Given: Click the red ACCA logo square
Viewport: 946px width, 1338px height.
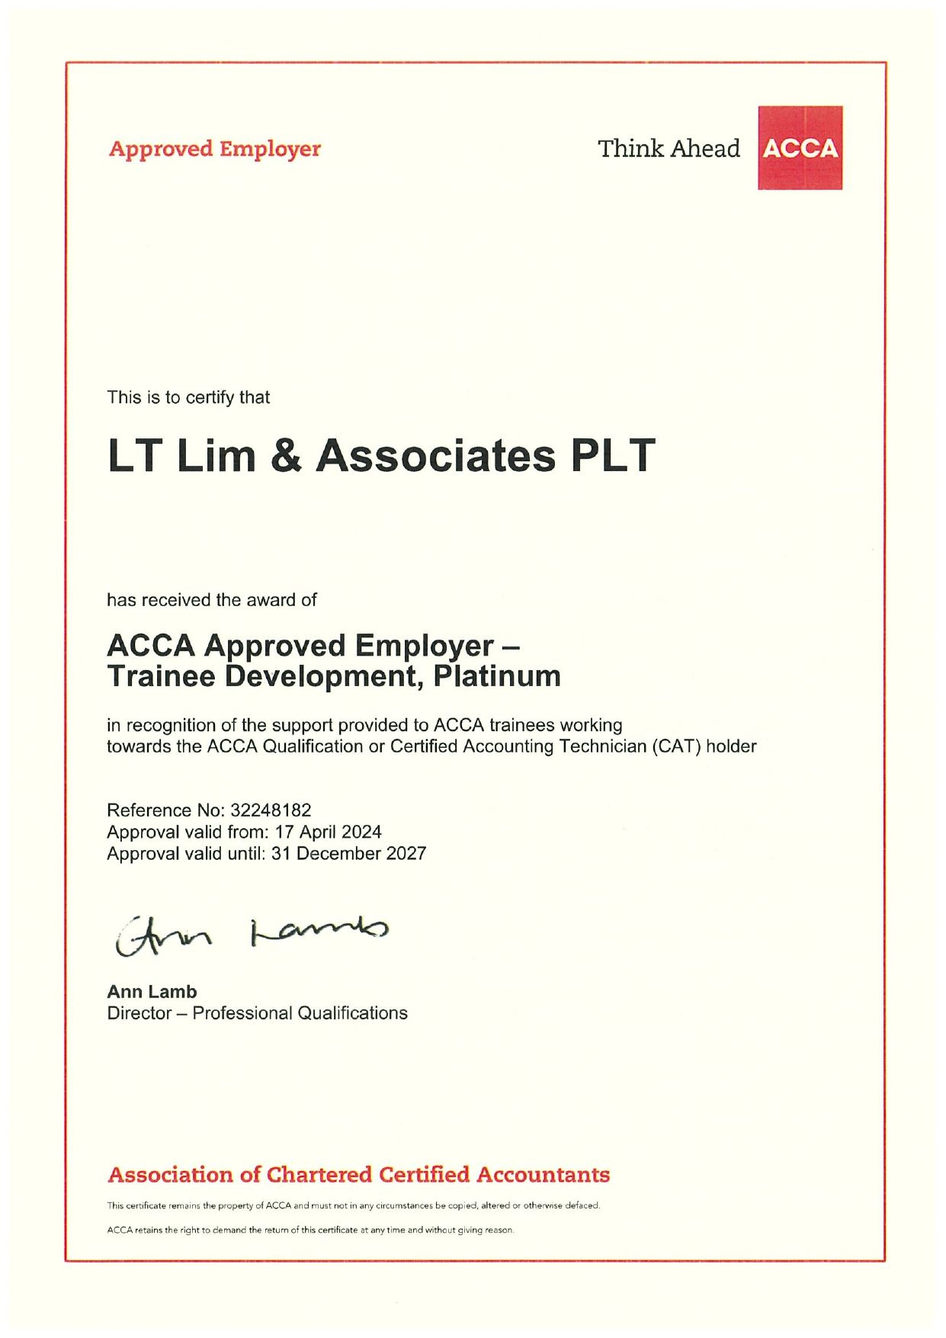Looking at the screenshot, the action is pyautogui.click(x=800, y=148).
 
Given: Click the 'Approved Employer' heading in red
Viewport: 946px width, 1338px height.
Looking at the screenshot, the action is pyautogui.click(x=214, y=149).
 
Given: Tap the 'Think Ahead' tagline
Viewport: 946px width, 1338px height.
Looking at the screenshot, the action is pyautogui.click(x=669, y=149).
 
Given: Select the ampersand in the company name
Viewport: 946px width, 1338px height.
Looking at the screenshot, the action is pyautogui.click(x=286, y=456).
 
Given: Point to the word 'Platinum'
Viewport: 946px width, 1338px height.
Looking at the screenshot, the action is pyautogui.click(x=497, y=677).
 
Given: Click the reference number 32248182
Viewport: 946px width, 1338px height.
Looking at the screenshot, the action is pyautogui.click(x=271, y=810).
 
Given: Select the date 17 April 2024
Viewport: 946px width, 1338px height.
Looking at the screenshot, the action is pyautogui.click(x=328, y=832).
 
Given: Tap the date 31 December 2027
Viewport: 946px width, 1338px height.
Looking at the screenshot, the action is pyautogui.click(x=348, y=854).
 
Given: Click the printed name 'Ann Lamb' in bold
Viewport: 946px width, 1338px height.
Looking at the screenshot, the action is pyautogui.click(x=152, y=992).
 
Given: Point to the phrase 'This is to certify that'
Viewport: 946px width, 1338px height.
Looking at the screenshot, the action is pyautogui.click(x=188, y=397).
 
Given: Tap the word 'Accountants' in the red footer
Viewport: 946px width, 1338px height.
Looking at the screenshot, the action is pyautogui.click(x=543, y=1175).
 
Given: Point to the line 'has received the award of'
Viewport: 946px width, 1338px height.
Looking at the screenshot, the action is pyautogui.click(x=211, y=600).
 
